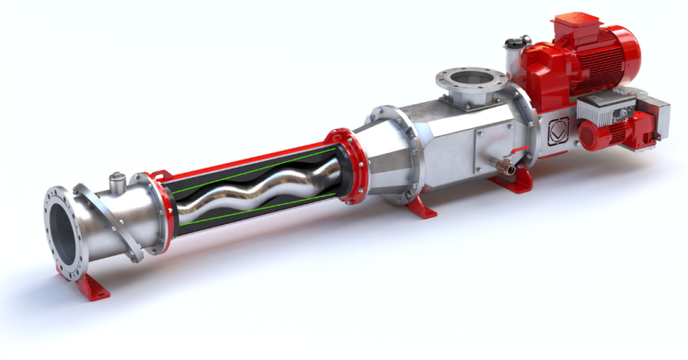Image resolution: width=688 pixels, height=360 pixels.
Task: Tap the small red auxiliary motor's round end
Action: (x=591, y=135)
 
